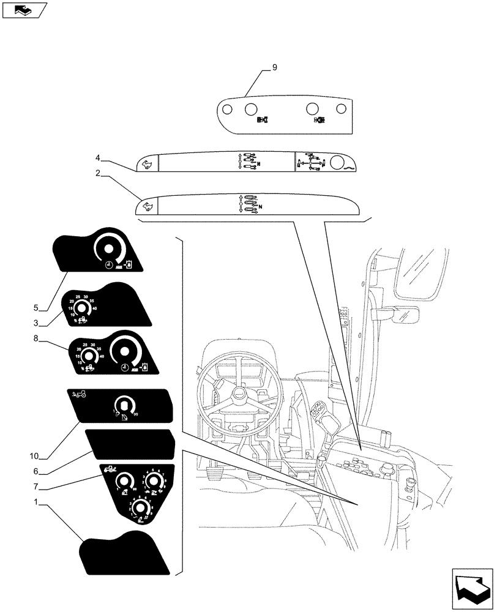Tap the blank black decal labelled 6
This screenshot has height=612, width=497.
click(132, 444)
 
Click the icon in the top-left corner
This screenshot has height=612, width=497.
click(23, 10)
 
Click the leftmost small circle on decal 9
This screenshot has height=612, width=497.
click(226, 110)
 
